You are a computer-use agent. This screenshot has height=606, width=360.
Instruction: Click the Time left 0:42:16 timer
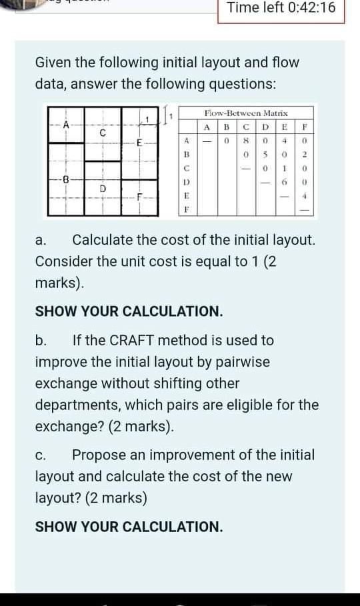(281, 9)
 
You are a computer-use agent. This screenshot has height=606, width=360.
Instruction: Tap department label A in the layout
(66, 123)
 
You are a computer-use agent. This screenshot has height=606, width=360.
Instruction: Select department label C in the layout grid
(102, 133)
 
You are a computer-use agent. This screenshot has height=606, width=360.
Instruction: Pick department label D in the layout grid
(103, 188)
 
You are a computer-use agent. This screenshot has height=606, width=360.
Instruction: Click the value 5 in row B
(265, 154)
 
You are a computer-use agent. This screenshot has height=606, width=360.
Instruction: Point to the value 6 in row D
(284, 182)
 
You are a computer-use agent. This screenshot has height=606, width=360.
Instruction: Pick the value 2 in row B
(304, 154)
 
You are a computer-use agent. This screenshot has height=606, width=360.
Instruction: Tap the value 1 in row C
(284, 168)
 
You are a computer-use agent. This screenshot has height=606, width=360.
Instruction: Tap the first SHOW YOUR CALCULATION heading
(129, 311)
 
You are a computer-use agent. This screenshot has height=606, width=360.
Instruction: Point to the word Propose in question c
(98, 456)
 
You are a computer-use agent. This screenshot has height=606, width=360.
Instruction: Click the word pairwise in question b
(243, 362)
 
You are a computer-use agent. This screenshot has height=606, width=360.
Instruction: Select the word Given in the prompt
(55, 63)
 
